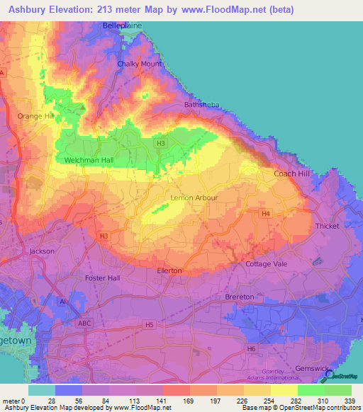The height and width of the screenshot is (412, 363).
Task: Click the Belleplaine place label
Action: (123, 25)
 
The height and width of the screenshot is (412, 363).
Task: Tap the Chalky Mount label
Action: (140, 64)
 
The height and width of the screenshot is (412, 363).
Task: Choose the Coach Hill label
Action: (291, 173)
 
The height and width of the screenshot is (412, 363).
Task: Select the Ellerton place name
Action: (169, 270)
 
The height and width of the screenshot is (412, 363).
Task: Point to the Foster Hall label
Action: (103, 278)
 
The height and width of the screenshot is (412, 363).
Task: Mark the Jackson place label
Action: (41, 251)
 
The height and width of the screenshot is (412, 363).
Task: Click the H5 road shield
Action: (149, 325)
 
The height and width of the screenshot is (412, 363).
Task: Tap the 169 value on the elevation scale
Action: (189, 401)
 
